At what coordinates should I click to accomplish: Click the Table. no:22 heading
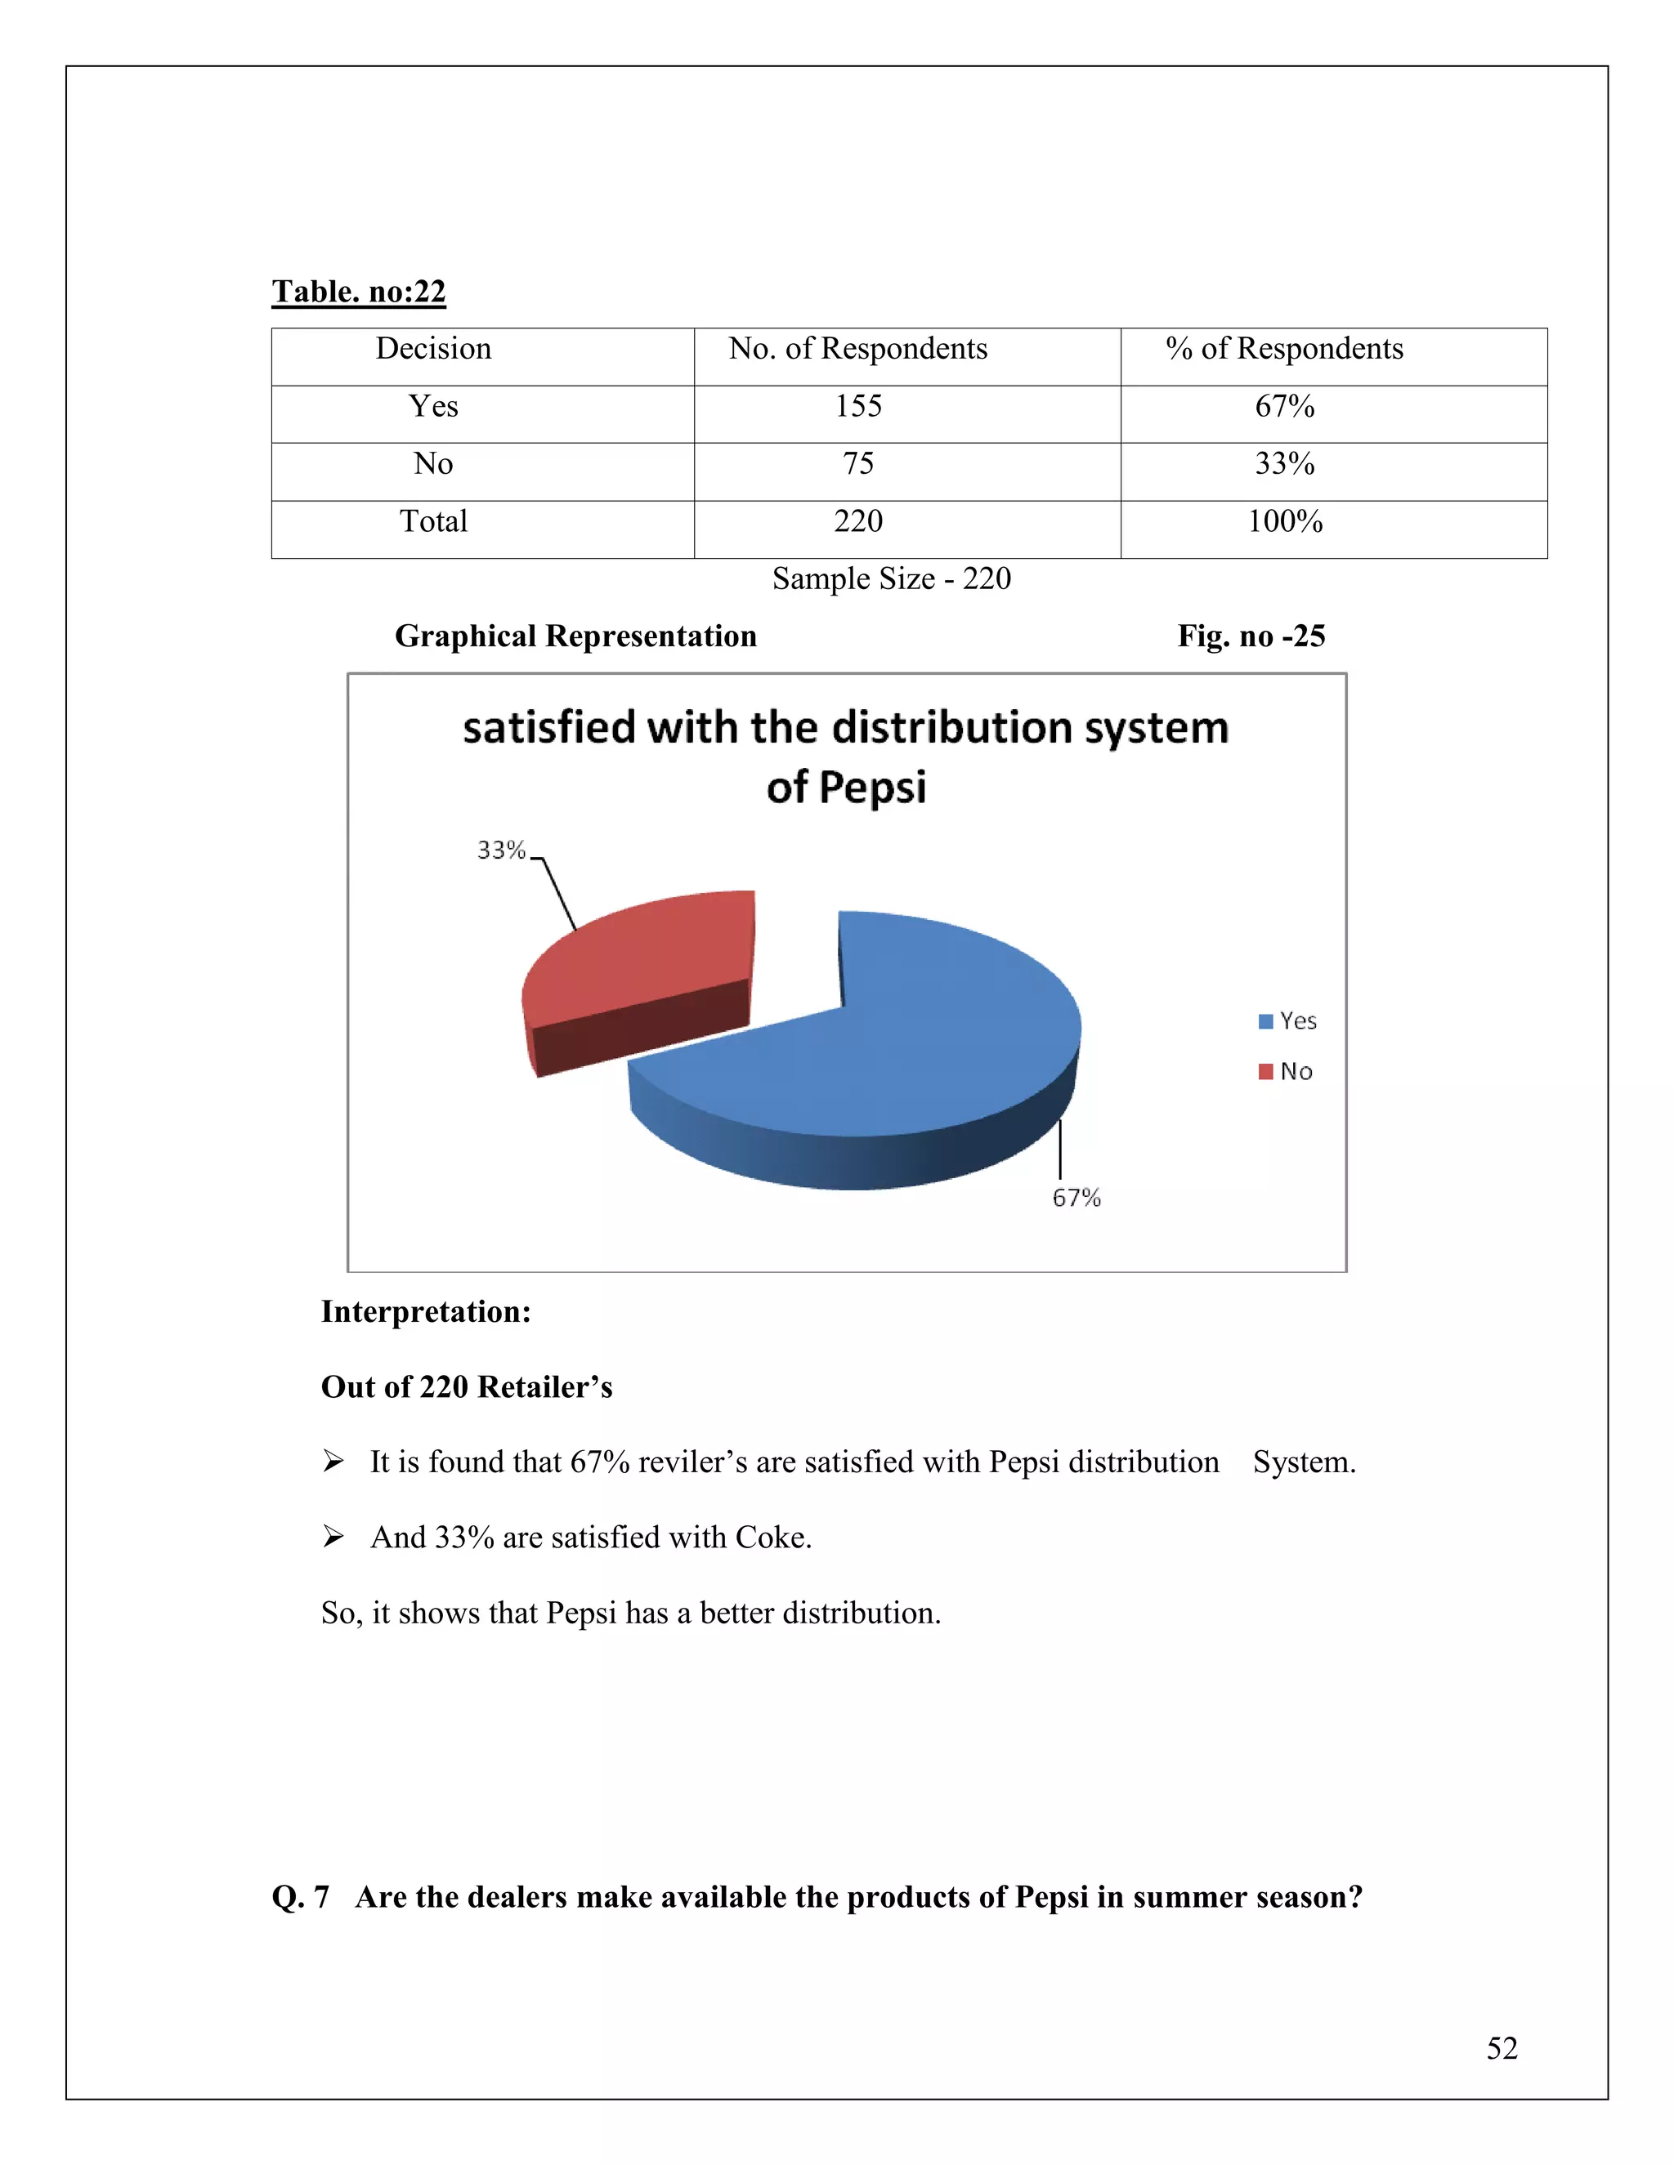(x=358, y=292)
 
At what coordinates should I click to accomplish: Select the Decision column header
(x=433, y=349)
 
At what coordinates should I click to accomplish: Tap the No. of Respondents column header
(x=857, y=349)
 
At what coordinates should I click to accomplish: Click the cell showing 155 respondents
(x=857, y=406)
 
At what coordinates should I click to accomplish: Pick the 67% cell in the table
(x=1284, y=406)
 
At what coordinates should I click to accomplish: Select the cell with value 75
(x=857, y=464)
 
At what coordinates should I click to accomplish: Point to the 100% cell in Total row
(x=1284, y=521)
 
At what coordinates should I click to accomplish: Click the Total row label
(x=433, y=521)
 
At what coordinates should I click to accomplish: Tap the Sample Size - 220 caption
(x=891, y=579)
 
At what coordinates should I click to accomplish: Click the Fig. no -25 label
(x=1251, y=636)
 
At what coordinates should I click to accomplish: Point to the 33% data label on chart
(x=501, y=850)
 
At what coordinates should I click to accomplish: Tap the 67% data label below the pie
(x=1076, y=1199)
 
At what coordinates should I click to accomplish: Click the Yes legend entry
(x=1288, y=1021)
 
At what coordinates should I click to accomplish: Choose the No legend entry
(x=1287, y=1072)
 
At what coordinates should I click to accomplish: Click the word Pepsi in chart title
(x=873, y=789)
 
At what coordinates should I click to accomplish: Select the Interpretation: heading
(x=425, y=1313)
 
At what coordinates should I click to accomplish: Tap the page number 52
(x=1502, y=2048)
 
